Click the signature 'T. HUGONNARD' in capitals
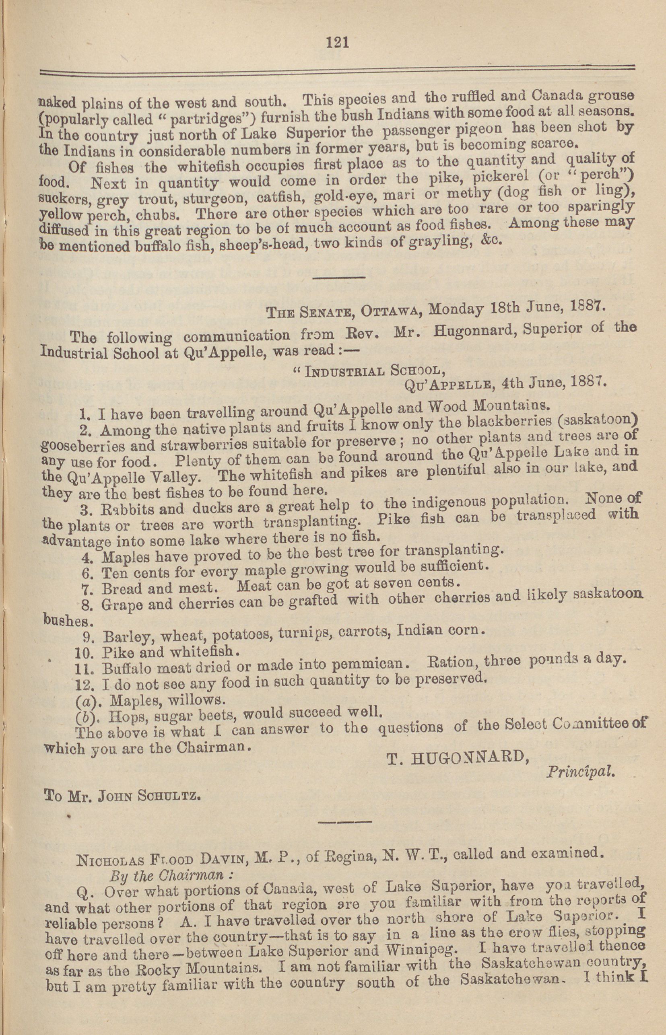[458, 757]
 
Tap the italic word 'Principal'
[579, 772]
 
